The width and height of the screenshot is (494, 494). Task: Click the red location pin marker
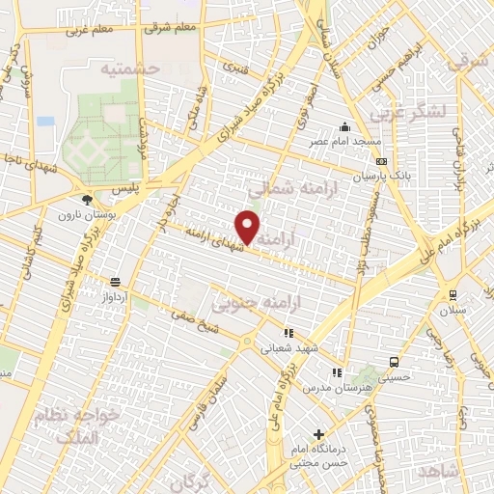(x=249, y=227)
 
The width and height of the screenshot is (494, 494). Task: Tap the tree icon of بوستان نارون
(x=88, y=201)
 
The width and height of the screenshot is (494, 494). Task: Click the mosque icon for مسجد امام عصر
(x=344, y=127)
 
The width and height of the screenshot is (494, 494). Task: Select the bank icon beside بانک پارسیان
(x=382, y=161)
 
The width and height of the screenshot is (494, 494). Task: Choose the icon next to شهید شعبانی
(x=288, y=333)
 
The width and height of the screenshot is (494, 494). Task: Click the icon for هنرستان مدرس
(x=337, y=372)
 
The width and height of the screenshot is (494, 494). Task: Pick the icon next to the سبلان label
(x=452, y=295)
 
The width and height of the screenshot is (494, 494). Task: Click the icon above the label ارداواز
(x=116, y=282)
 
